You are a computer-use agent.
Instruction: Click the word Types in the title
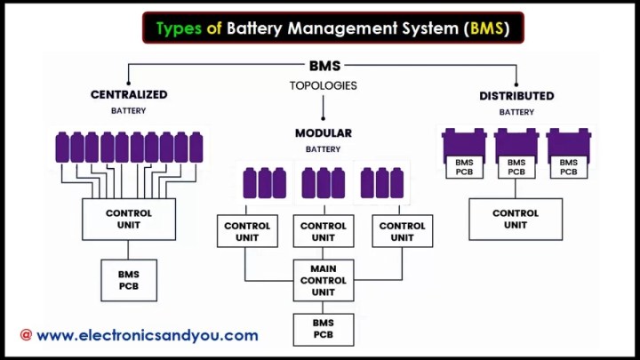[x=179, y=28]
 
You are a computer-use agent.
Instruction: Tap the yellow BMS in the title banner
[x=486, y=28]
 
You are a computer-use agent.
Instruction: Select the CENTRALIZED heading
[x=129, y=95]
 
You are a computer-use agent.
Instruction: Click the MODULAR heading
[x=324, y=133]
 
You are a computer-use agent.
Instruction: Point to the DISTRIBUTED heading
[x=516, y=96]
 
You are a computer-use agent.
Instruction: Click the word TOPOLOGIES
[x=324, y=85]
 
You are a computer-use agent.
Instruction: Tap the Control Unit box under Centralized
[x=129, y=220]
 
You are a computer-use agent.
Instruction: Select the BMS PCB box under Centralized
[x=129, y=280]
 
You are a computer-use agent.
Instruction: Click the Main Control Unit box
[x=324, y=280]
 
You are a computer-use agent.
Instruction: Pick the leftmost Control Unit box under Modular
[x=247, y=231]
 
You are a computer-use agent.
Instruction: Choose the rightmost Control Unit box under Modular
[x=403, y=231]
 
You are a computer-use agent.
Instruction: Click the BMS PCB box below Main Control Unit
[x=324, y=330]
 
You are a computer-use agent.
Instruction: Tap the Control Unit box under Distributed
[x=516, y=220]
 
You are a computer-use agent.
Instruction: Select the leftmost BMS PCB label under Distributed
[x=465, y=167]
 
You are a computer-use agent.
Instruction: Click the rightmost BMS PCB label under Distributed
[x=569, y=167]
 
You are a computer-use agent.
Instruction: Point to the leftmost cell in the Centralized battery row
[x=62, y=148]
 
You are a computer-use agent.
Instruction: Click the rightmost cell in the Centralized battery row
[x=196, y=148]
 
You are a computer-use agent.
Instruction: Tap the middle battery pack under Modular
[x=324, y=183]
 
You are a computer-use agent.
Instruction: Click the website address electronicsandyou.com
[x=148, y=335]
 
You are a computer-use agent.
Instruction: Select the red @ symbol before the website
[x=26, y=335]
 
